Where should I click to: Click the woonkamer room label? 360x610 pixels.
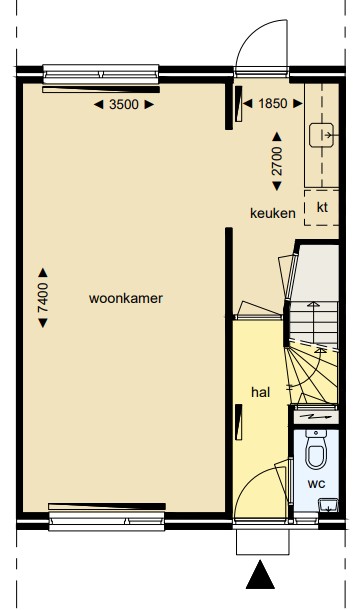click(x=126, y=298)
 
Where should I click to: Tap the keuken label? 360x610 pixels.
click(x=273, y=213)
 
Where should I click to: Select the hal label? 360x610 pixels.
click(x=260, y=392)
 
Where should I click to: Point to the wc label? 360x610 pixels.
click(x=316, y=484)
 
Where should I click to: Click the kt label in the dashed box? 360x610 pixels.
click(x=322, y=207)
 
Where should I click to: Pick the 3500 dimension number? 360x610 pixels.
click(x=124, y=104)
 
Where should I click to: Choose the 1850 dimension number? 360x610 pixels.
click(x=273, y=103)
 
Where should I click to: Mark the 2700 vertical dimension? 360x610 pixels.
click(x=277, y=161)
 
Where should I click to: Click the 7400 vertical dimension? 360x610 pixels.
click(x=43, y=298)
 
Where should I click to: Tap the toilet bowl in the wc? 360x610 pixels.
click(x=316, y=450)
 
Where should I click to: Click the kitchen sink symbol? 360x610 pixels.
click(x=321, y=135)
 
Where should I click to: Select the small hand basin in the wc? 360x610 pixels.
click(x=328, y=505)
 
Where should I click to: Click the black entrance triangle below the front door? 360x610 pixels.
click(x=260, y=574)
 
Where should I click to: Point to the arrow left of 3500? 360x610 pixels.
click(x=99, y=104)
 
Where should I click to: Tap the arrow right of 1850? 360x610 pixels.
click(x=298, y=103)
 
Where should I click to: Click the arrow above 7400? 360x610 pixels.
click(x=43, y=273)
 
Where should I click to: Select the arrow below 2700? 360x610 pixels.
click(x=277, y=186)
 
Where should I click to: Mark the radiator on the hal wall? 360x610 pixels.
click(x=239, y=422)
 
